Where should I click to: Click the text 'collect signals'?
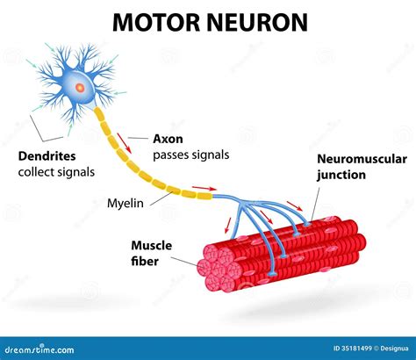55,171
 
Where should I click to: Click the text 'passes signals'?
190,155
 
